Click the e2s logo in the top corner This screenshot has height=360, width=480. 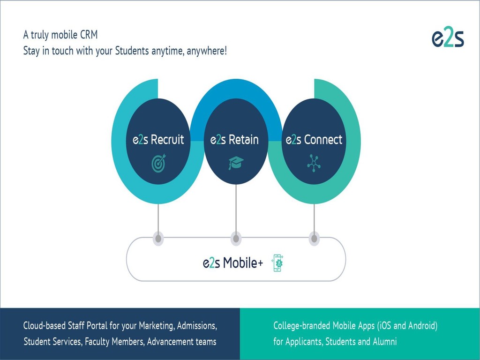coord(448,38)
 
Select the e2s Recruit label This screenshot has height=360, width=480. coord(158,140)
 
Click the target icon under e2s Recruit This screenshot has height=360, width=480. coord(159,163)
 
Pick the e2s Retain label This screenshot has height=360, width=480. coord(234,140)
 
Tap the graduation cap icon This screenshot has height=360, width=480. coord(236,163)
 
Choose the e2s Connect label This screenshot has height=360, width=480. coord(314,140)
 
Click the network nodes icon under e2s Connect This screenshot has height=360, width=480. coord(313,163)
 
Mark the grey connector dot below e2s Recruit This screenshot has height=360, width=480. coord(158,238)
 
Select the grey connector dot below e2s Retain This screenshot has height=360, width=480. coord(236,238)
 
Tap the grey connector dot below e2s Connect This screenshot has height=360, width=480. coord(315,238)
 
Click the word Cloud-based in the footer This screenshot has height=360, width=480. coord(45,325)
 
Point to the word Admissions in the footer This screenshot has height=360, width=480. coord(196,325)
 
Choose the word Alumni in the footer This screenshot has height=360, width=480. coord(385,342)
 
